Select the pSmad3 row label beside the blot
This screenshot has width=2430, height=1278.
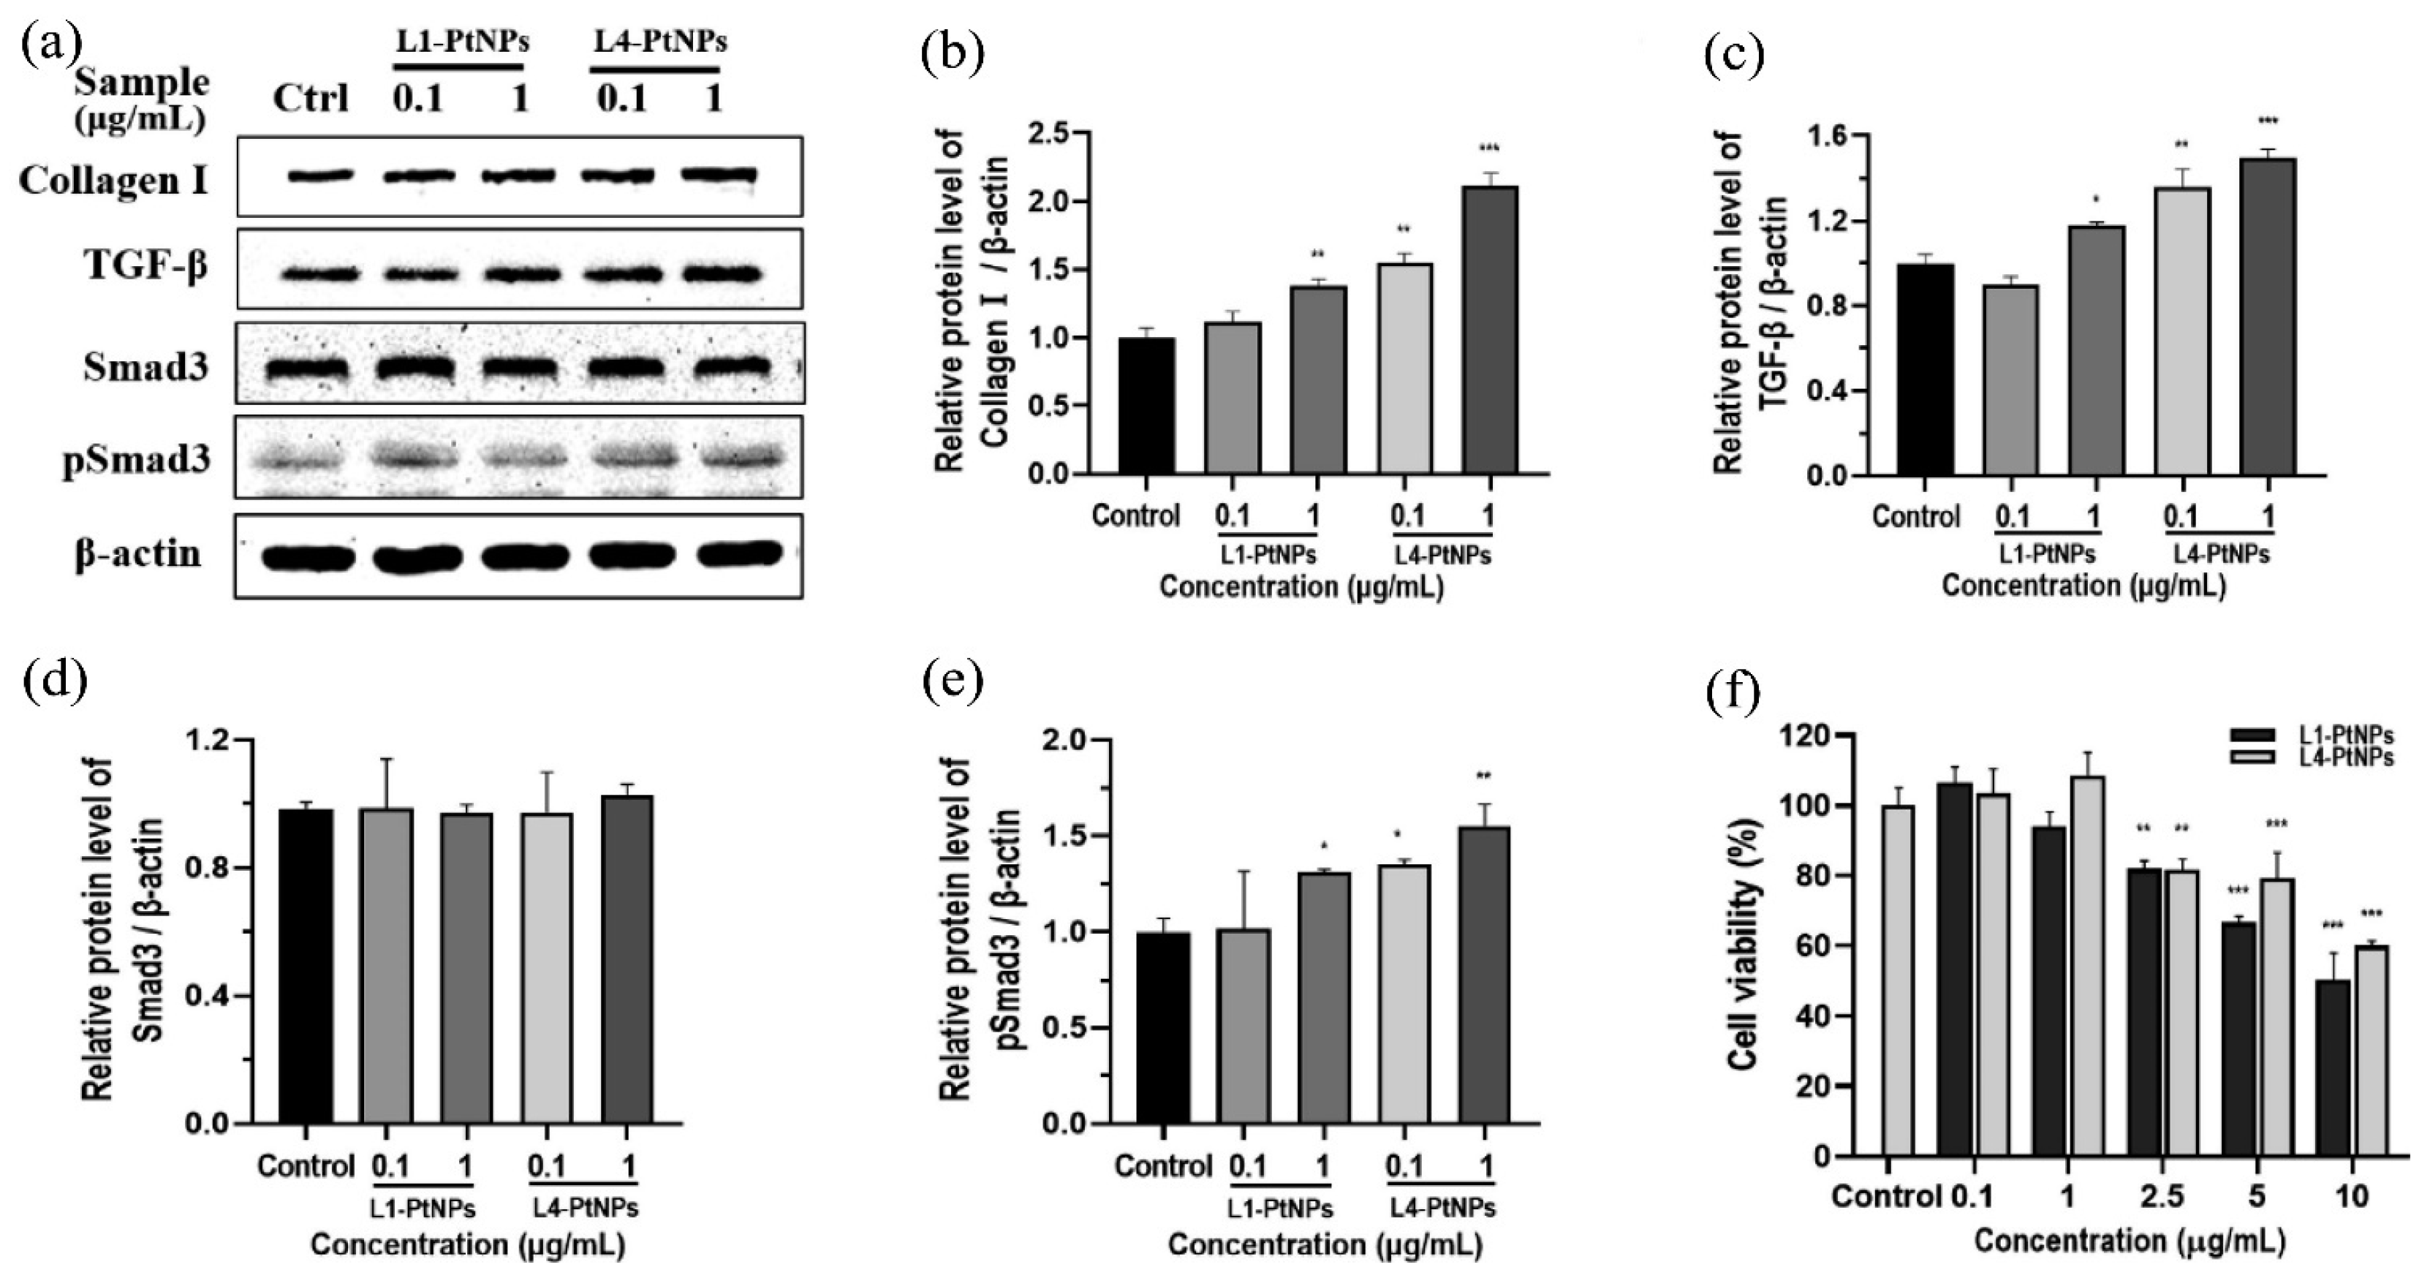137,461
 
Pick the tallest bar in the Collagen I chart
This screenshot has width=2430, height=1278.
1491,330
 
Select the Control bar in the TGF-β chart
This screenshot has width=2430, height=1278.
1926,370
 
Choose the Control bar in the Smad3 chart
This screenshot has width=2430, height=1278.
306,966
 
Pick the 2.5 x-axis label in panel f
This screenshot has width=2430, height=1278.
2161,1198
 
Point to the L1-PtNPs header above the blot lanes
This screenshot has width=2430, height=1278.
461,42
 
